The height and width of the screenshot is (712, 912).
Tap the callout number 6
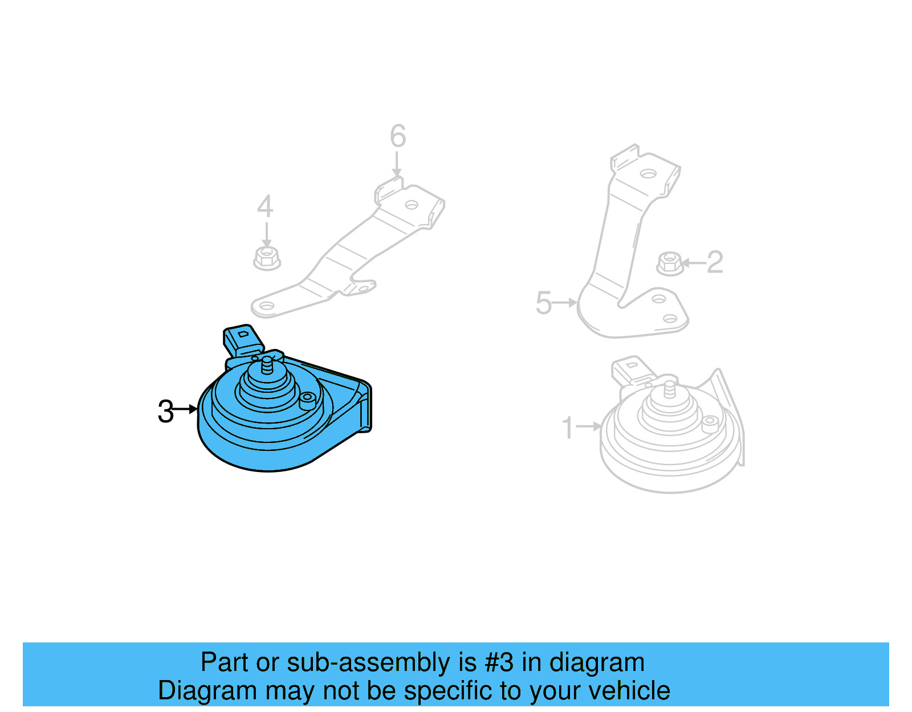pyautogui.click(x=398, y=136)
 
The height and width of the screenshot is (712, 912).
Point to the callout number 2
pyautogui.click(x=715, y=262)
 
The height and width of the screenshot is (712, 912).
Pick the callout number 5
pyautogui.click(x=544, y=303)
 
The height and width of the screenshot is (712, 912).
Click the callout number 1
pyautogui.click(x=567, y=428)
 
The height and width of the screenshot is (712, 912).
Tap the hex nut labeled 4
pyautogui.click(x=267, y=258)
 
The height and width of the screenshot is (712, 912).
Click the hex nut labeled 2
pyautogui.click(x=670, y=263)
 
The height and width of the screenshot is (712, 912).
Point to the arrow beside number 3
pyautogui.click(x=184, y=409)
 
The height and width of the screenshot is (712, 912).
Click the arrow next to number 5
pyautogui.click(x=564, y=302)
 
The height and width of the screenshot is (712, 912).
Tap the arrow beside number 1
pyautogui.click(x=588, y=426)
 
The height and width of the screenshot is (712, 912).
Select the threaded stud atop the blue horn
pyautogui.click(x=267, y=365)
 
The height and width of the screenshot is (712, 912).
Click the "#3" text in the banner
pyautogui.click(x=499, y=662)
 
